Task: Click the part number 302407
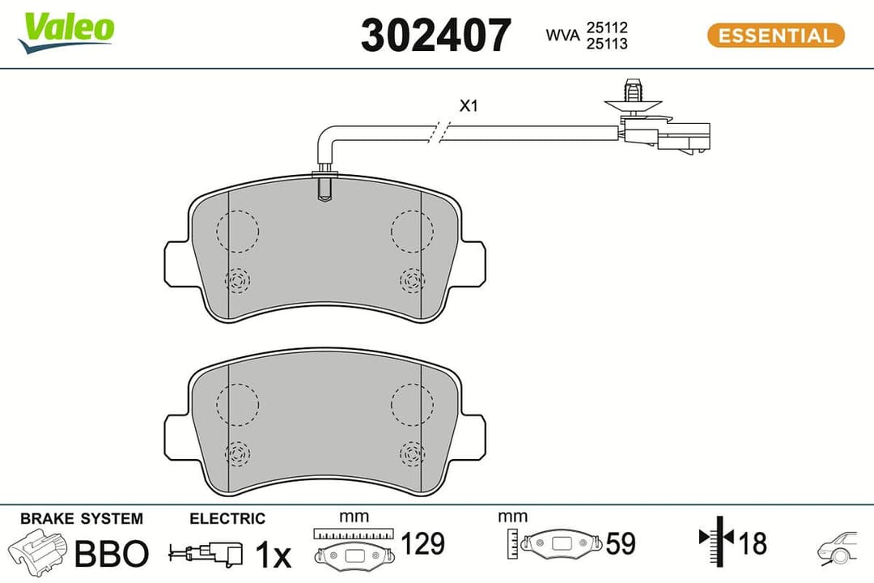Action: click(435, 36)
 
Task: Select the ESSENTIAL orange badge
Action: click(775, 36)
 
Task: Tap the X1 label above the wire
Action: click(469, 105)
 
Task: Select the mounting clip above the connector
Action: click(633, 95)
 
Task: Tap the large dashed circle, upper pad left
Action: click(238, 229)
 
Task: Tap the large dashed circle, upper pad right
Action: click(412, 229)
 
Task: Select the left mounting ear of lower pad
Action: click(177, 437)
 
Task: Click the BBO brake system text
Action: click(112, 554)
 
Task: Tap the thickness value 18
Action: click(753, 543)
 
